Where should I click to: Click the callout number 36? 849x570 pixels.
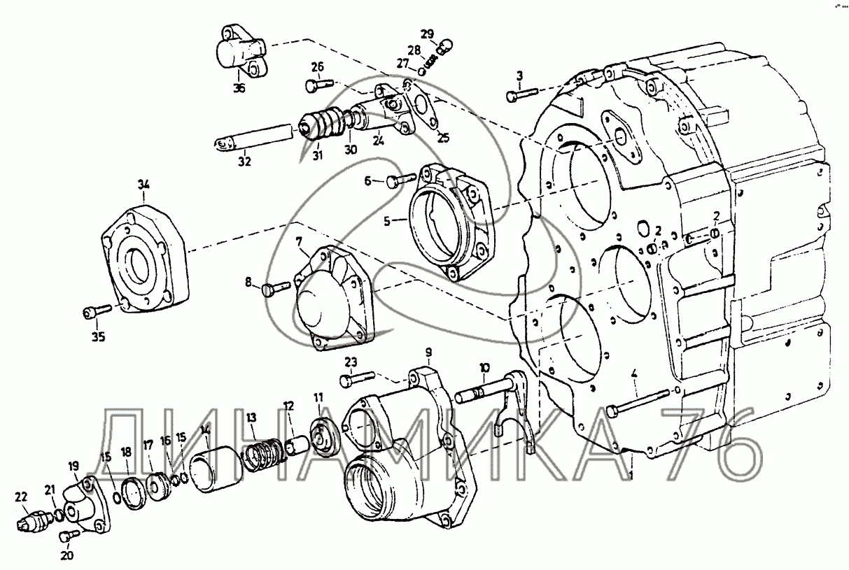click(239, 87)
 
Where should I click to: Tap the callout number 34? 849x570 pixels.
click(143, 185)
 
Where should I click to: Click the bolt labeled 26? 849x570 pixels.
click(318, 85)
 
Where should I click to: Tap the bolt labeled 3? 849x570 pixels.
click(520, 94)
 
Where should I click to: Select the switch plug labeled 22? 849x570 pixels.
click(31, 520)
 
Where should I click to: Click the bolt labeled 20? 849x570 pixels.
click(67, 538)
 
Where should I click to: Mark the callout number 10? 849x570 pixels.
click(484, 368)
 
